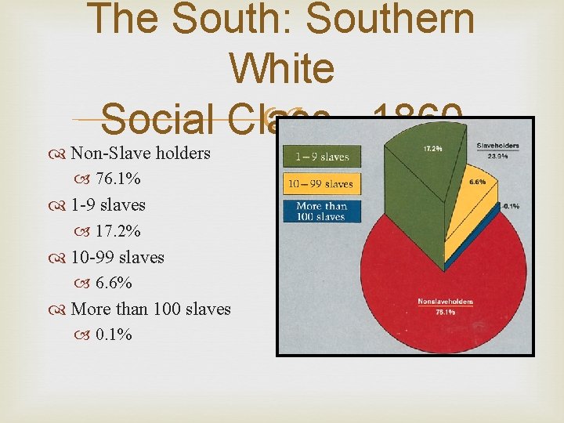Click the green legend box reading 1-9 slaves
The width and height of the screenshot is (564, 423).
pos(322,157)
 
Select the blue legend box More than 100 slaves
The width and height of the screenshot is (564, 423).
pos(322,211)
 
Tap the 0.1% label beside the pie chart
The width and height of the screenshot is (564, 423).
pos(510,207)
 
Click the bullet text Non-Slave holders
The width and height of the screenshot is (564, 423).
pos(141,153)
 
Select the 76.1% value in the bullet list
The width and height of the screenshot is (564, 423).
pos(118,179)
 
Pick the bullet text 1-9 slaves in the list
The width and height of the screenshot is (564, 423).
pos(108,205)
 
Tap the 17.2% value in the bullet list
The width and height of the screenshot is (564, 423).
pos(118,231)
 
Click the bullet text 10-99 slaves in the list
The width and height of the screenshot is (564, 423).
pos(117,257)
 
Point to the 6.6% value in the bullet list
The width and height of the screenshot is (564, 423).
pos(114,283)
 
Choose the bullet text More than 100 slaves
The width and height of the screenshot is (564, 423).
pos(150,309)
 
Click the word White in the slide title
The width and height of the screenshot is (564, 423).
pos(282,69)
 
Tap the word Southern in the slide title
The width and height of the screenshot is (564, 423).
pos(390,20)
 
